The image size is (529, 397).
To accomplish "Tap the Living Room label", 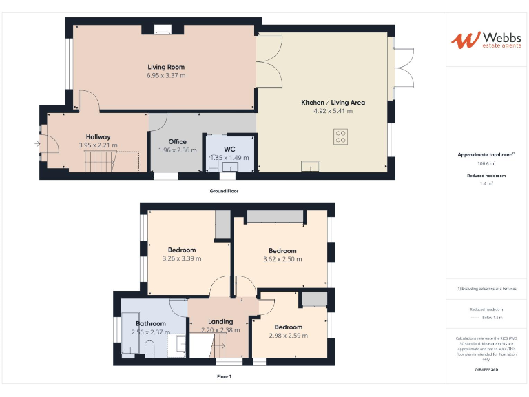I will point(166,67).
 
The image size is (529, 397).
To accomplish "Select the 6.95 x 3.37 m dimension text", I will point(166,75).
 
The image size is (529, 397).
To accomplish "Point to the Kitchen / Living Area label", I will point(333,103).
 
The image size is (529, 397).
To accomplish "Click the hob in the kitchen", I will point(340,136).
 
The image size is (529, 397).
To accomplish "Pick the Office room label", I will point(177,142).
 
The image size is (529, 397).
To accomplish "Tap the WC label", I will point(229,149).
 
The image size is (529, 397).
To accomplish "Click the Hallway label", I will point(98,137).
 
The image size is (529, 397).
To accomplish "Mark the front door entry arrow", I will point(37,143).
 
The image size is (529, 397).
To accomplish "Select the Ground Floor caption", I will point(224,190).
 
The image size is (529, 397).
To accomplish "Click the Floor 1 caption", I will point(224,377).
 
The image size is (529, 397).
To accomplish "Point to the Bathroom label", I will point(150,323).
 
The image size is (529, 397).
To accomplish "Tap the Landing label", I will point(220,322).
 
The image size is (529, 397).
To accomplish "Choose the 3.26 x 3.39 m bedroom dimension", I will point(182,258).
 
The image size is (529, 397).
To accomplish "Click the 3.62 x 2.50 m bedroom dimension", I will point(282,259).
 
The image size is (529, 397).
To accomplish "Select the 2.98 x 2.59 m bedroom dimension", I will point(288,336).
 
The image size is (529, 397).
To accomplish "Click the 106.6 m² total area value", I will point(486,164).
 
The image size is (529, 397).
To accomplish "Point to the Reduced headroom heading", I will point(486,176).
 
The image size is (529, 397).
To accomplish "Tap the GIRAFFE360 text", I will point(486,370).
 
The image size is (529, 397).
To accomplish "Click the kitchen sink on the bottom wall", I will point(310,166).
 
